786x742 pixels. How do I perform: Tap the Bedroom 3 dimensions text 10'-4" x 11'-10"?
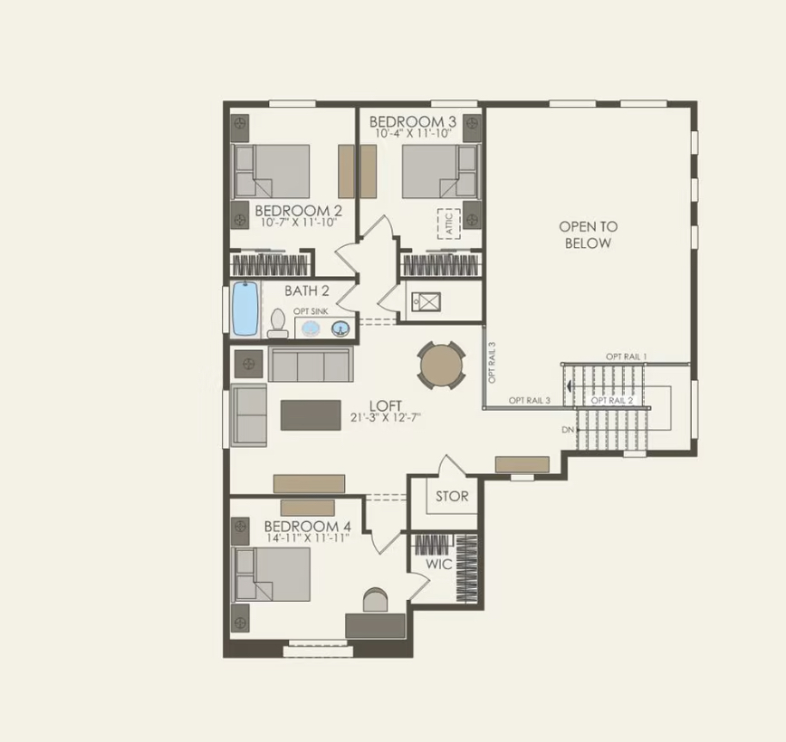click(x=416, y=134)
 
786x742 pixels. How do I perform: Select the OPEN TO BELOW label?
click(x=588, y=234)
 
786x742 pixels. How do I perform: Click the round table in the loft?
click(x=441, y=366)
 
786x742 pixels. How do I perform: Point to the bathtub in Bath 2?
click(x=244, y=309)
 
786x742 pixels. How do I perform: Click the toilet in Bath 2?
click(x=278, y=324)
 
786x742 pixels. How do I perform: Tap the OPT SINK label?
click(x=311, y=310)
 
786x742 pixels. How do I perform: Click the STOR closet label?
click(x=452, y=496)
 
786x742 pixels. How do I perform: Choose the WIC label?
click(x=439, y=564)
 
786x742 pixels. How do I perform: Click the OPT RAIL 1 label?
click(x=627, y=357)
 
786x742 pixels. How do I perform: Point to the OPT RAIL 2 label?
click(x=611, y=400)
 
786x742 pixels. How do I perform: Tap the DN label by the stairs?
click(x=568, y=429)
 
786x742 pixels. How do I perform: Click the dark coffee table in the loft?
click(x=311, y=414)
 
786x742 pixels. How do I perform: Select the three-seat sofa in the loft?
click(x=310, y=365)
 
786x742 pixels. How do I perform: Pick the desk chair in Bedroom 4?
click(x=375, y=601)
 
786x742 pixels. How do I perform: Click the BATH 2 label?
click(x=307, y=291)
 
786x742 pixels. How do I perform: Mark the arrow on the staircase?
click(x=569, y=385)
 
